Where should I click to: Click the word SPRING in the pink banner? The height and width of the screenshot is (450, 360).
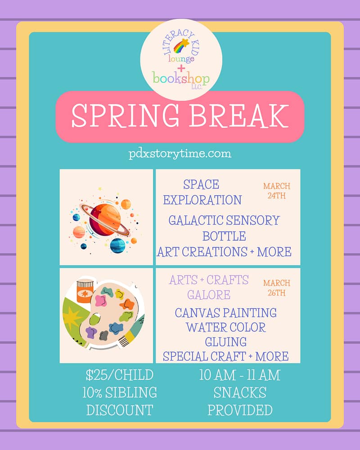pos(125,116)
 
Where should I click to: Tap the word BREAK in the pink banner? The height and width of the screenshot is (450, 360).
pos(239,116)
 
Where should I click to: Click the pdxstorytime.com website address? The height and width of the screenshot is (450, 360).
pos(180,153)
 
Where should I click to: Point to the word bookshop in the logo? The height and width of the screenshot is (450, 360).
pos(181,78)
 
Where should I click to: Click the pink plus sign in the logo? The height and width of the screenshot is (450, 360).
pos(181,68)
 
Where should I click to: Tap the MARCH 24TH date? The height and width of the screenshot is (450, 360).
pos(277,190)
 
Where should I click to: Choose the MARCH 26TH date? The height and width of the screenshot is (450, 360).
pos(277,288)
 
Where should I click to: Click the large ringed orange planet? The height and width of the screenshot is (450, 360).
pos(105,220)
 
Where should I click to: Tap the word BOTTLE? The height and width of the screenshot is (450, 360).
pos(224,236)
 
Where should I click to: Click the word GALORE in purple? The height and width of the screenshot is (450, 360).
pos(209,295)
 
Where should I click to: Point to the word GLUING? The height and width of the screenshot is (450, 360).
pos(225,342)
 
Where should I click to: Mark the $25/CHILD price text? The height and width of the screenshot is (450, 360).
pos(119,375)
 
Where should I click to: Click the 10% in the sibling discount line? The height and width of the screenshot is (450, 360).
pos(92,392)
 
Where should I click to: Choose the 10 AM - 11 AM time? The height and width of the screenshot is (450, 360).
pos(240,375)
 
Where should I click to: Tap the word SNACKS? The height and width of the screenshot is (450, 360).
pos(240,392)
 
